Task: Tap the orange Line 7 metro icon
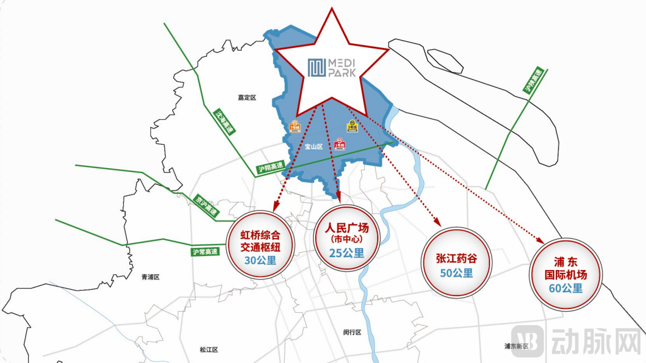pos(295,126)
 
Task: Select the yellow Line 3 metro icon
pos(352,126)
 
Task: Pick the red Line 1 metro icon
pos(339,144)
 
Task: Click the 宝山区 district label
pos(314,147)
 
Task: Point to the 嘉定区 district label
pos(247,97)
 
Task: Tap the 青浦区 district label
pos(150,277)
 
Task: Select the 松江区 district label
pos(209,350)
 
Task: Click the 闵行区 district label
pos(353,332)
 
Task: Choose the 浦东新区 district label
pos(516,346)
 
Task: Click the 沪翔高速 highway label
pos(271,167)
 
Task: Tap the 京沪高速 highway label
pos(206,206)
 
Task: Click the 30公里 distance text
pos(260,259)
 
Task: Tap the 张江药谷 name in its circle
pos(457,259)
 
